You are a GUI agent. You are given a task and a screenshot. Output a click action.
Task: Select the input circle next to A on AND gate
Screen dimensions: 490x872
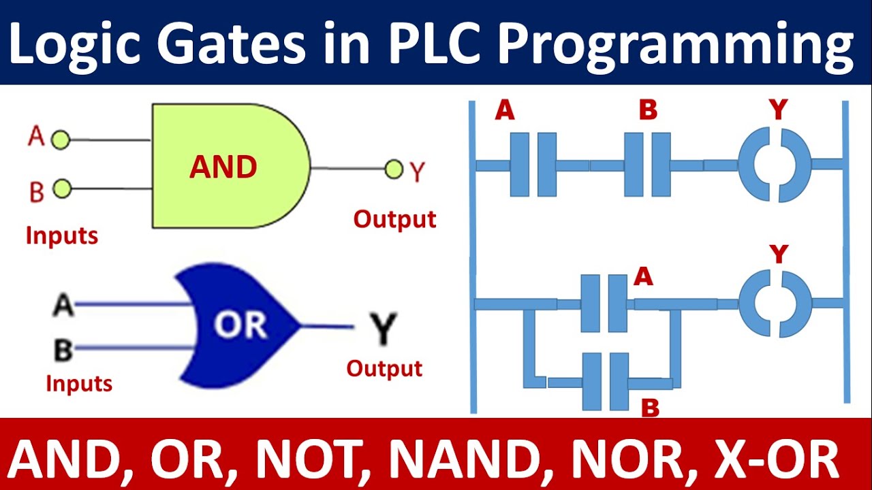(61, 141)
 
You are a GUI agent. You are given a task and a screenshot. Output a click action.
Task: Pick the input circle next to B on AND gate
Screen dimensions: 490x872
(62, 189)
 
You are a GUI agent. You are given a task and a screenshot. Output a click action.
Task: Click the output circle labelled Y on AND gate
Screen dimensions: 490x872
(394, 169)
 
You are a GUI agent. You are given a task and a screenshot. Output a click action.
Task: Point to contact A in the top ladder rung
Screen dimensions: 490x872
(533, 165)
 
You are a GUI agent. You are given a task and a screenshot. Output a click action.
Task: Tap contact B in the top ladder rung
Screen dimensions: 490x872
(647, 165)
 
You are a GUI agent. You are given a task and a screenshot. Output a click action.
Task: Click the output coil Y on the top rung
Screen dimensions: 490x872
(775, 165)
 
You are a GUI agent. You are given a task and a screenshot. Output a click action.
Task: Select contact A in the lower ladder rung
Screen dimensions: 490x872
(604, 304)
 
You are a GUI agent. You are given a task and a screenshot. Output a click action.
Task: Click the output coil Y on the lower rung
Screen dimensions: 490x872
(775, 304)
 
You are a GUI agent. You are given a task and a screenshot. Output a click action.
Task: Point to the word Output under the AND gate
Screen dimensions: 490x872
(394, 220)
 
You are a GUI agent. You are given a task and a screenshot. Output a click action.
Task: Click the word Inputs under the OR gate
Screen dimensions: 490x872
(79, 383)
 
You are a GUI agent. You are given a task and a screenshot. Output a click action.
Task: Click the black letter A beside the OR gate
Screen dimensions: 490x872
(63, 305)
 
